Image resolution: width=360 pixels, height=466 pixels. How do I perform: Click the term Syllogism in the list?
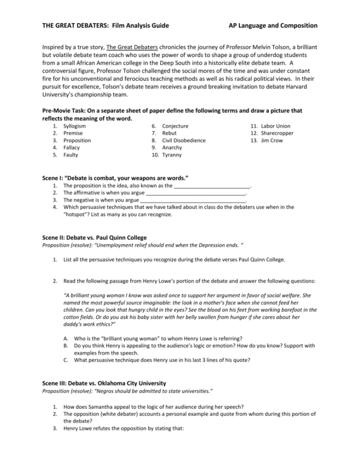click(74, 126)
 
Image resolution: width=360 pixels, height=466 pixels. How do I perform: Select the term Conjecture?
click(175, 126)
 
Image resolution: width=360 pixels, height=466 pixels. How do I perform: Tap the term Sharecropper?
click(277, 133)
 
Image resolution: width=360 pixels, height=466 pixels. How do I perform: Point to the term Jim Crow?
click(272, 140)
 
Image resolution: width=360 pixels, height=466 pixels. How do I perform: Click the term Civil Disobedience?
click(184, 140)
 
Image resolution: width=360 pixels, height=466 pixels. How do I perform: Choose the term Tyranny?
click(172, 155)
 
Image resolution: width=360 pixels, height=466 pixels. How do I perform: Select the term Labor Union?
click(275, 126)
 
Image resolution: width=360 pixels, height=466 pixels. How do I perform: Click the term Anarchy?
click(172, 147)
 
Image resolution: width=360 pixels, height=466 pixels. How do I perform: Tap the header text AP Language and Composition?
click(273, 26)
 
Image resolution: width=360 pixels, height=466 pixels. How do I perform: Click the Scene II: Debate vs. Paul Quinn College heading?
click(94, 237)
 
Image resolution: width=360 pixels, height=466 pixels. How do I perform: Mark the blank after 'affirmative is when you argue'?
click(195, 193)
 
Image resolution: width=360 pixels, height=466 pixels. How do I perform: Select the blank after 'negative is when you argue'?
click(193, 201)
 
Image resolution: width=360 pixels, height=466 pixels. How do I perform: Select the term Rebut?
click(169, 133)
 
